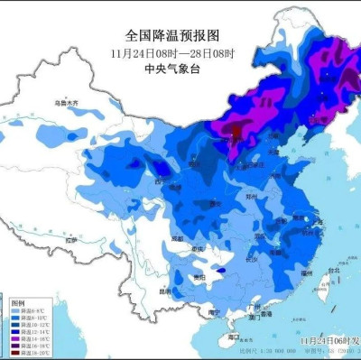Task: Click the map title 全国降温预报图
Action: coord(171,35)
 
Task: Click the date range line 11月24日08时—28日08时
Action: coord(171,54)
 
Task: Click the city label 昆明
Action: coord(162,291)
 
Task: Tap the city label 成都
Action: coord(176,238)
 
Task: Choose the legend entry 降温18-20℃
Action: coord(25,353)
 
